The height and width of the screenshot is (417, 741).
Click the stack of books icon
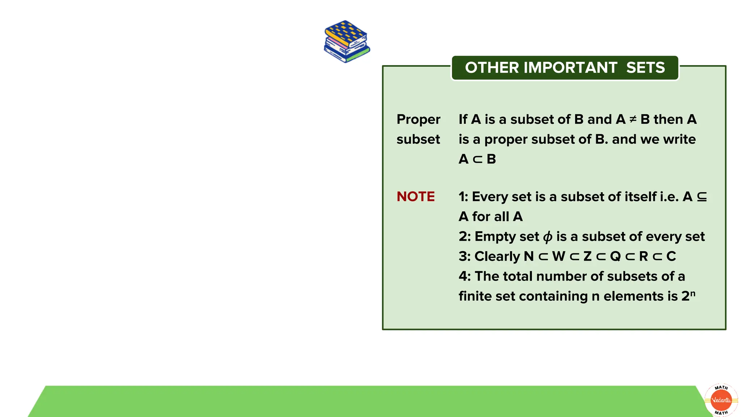point(347,42)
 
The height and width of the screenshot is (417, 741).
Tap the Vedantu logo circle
point(721,400)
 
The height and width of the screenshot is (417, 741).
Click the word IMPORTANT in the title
point(570,68)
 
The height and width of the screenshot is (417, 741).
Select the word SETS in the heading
point(645,68)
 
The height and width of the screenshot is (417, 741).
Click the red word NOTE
point(415,197)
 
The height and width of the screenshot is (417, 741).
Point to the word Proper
point(418,120)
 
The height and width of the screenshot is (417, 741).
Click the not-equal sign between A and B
point(633,119)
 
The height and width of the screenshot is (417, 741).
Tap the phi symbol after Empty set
point(548,237)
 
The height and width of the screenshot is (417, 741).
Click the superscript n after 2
point(693,292)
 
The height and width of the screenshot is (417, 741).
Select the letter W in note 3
point(558,256)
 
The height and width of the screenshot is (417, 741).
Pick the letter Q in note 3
point(615,256)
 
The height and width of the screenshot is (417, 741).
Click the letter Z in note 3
point(587,256)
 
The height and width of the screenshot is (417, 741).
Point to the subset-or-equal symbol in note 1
point(702,197)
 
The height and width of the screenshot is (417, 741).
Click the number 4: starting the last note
point(465,277)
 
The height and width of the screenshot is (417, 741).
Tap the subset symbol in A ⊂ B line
point(478,159)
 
